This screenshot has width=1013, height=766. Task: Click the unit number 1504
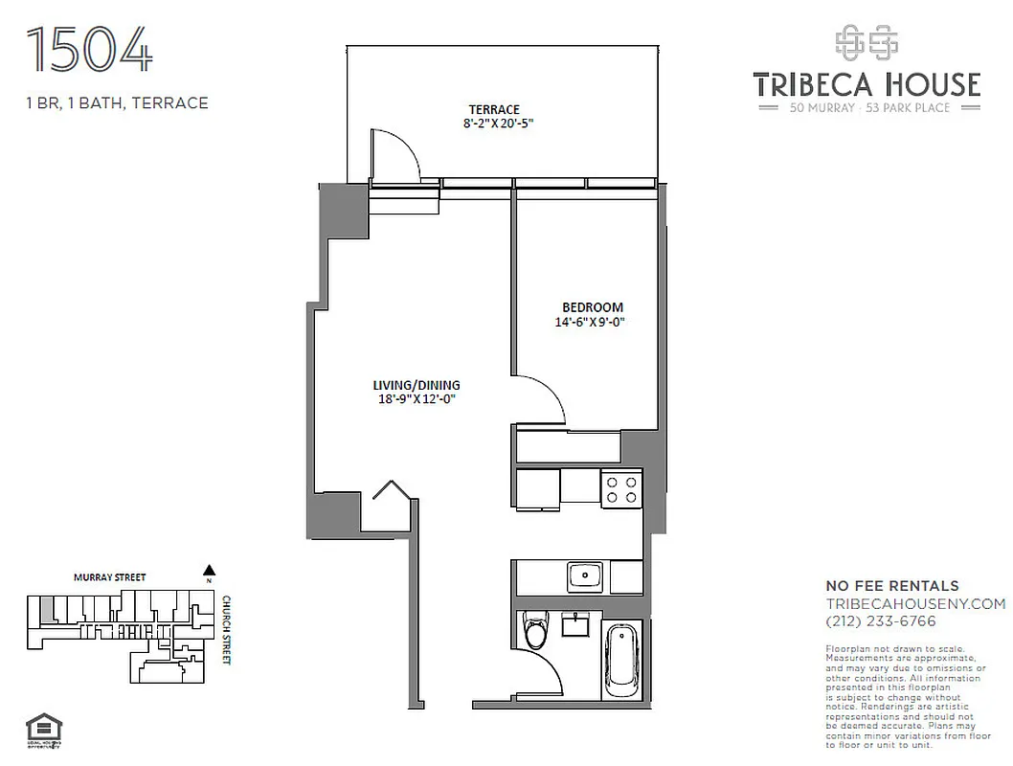click(90, 51)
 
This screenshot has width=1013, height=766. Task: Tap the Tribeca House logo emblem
click(866, 42)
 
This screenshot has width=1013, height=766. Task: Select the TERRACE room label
click(493, 109)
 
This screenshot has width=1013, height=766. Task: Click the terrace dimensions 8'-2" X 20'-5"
click(498, 124)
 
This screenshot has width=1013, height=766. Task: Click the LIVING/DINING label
click(410, 385)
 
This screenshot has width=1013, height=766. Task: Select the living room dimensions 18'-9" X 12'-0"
click(414, 400)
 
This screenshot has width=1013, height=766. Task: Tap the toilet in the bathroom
click(536, 633)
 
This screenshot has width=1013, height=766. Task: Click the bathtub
click(622, 661)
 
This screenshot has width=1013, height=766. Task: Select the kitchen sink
click(584, 575)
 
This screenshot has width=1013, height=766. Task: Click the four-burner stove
click(620, 488)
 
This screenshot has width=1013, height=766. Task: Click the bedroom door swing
click(542, 397)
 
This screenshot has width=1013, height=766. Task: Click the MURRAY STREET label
click(110, 577)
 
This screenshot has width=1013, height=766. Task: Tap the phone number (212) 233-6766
click(881, 620)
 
